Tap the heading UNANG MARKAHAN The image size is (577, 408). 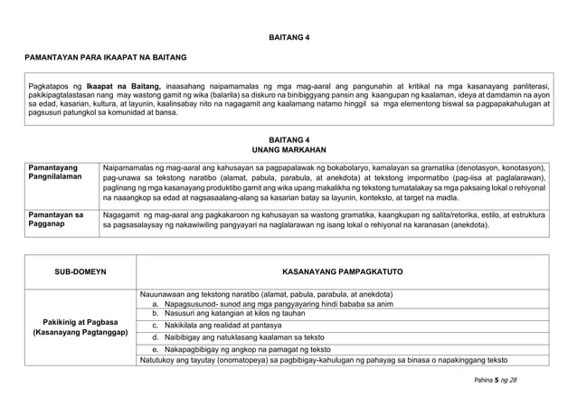pyautogui.click(x=288, y=148)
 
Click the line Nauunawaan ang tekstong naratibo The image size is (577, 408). pyautogui.click(x=266, y=295)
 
